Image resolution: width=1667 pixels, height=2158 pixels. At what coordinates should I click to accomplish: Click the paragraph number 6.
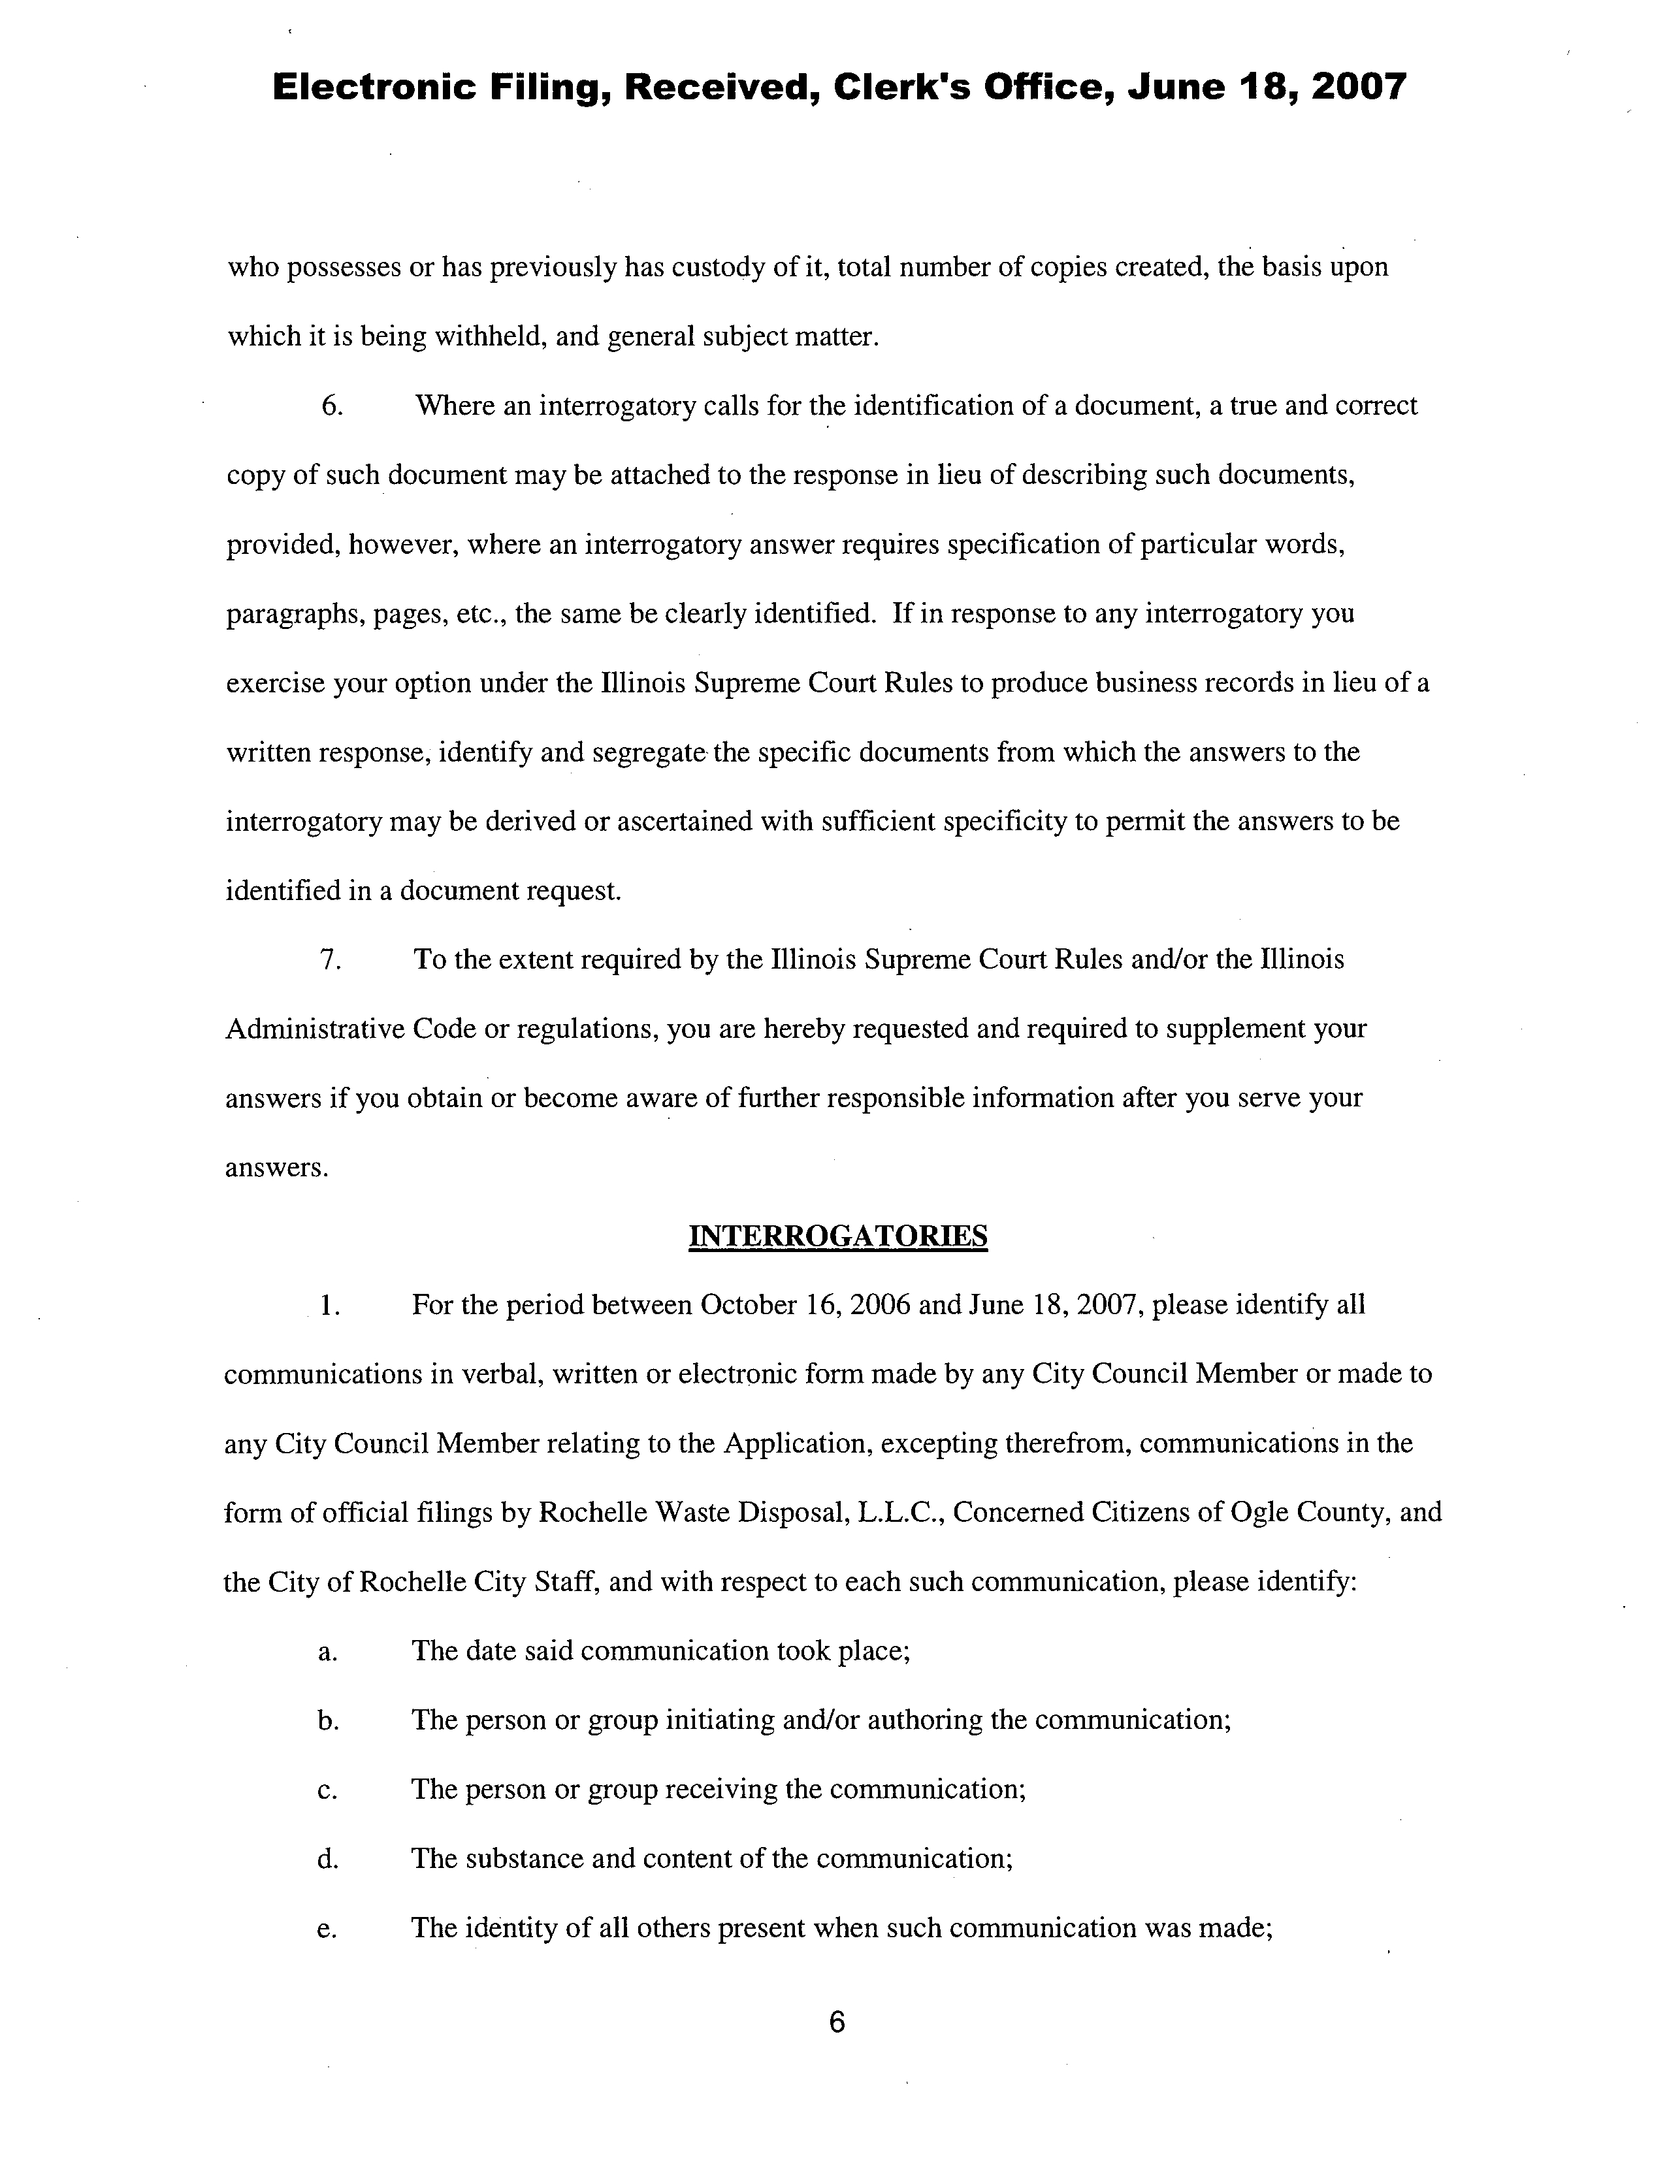coord(332,406)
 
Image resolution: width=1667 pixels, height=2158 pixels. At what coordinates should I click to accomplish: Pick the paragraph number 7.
coord(331,959)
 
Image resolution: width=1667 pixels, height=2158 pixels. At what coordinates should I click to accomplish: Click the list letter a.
coord(326,1652)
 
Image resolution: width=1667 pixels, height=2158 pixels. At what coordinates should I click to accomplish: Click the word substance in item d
coord(528,1859)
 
